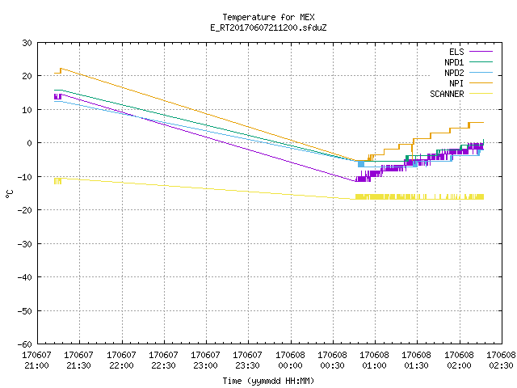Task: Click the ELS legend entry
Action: click(x=470, y=52)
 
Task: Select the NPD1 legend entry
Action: click(x=469, y=62)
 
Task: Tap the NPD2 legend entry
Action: click(x=469, y=73)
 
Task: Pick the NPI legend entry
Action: click(x=470, y=83)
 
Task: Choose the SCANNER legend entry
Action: click(x=461, y=94)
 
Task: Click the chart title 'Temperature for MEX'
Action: click(x=268, y=17)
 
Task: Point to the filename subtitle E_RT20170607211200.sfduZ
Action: click(x=268, y=27)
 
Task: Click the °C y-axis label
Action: click(x=10, y=194)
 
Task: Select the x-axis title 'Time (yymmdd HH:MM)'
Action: click(x=268, y=381)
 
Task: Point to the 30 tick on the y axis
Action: click(x=27, y=43)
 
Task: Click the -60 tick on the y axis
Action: click(x=25, y=344)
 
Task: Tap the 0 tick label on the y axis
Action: click(x=30, y=143)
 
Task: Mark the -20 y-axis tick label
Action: click(x=25, y=210)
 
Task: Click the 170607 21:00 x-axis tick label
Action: click(x=36, y=361)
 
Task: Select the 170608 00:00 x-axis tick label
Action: click(x=290, y=361)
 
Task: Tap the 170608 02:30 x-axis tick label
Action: click(x=501, y=361)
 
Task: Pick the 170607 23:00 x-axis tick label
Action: click(x=205, y=361)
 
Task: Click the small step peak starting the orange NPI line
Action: click(x=61, y=69)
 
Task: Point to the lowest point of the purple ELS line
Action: click(x=355, y=181)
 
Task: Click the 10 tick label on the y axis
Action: click(x=27, y=110)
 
